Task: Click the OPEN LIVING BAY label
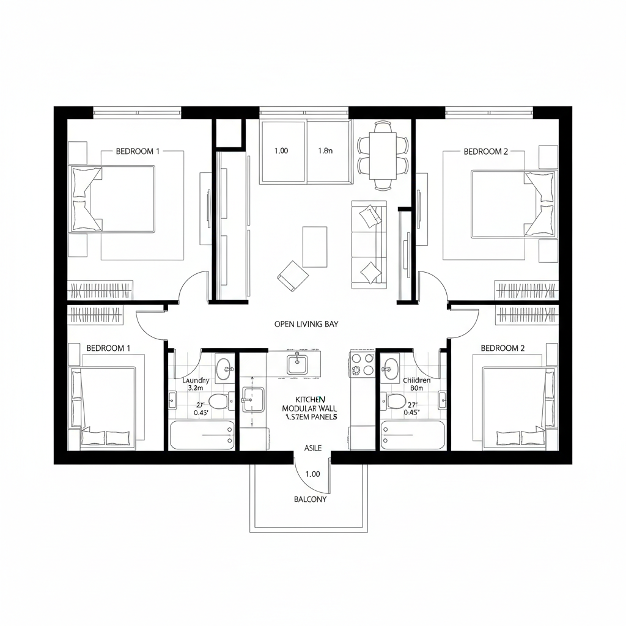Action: [x=306, y=325]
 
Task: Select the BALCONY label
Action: [x=311, y=499]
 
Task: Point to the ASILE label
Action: [x=312, y=448]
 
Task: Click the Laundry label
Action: [x=196, y=380]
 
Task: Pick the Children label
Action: [x=417, y=380]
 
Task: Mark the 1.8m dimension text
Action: [x=325, y=151]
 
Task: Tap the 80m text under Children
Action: [x=417, y=388]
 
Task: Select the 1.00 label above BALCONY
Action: [x=312, y=474]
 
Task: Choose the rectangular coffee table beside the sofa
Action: [x=315, y=246]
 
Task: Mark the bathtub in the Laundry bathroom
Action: [x=202, y=435]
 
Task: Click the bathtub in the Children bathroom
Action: [x=413, y=435]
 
